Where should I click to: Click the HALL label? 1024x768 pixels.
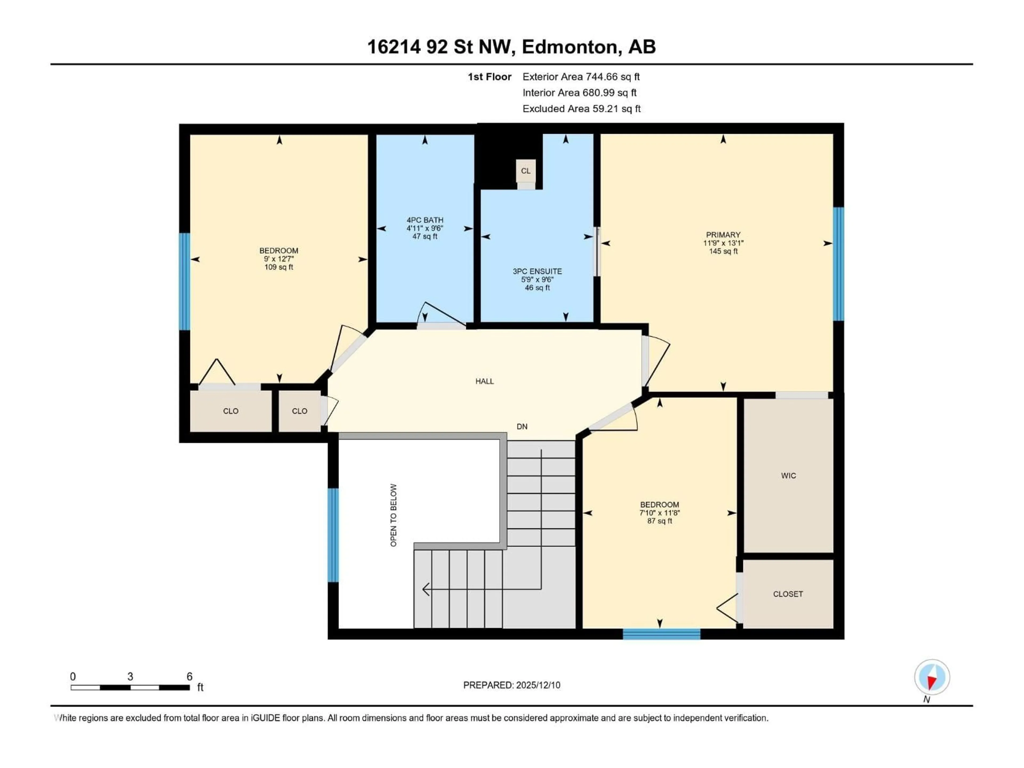[x=484, y=381]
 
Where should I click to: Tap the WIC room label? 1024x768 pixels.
[x=788, y=475]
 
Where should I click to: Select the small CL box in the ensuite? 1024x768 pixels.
[x=525, y=171]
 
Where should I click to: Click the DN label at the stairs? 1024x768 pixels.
[x=522, y=426]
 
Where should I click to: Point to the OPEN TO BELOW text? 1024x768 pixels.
[x=394, y=515]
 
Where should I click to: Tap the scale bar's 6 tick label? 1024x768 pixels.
[x=189, y=676]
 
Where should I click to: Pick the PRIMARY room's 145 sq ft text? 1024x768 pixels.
[x=723, y=251]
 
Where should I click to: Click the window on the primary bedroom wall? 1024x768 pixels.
[x=838, y=264]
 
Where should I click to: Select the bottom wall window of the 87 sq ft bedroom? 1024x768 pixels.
[x=661, y=634]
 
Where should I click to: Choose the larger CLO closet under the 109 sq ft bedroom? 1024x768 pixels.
[x=231, y=411]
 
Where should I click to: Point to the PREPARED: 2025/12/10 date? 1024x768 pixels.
[x=511, y=685]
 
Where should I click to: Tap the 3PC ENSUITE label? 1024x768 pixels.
[x=537, y=271]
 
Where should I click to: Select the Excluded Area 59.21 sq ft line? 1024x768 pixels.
[x=581, y=109]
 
